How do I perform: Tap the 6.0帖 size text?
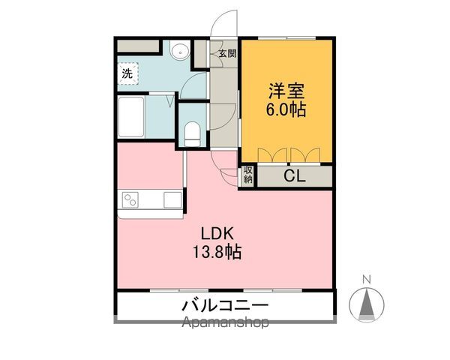(x=287, y=109)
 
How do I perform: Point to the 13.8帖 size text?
(x=215, y=252)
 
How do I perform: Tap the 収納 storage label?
(x=248, y=176)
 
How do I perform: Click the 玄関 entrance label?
(x=227, y=53)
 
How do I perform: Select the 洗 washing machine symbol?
(x=127, y=73)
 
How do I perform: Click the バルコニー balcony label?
(x=224, y=306)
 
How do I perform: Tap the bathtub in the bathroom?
(x=132, y=116)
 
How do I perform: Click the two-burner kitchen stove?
(x=131, y=200)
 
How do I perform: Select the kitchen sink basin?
(x=172, y=200)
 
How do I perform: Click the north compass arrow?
(x=367, y=304)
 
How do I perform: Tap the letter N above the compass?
(x=367, y=280)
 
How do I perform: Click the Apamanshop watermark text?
(x=224, y=324)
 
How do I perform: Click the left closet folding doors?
(x=273, y=155)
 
